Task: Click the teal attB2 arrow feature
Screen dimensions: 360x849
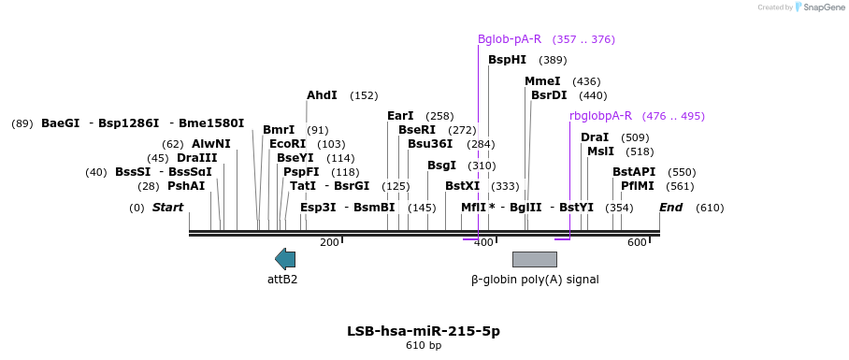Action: click(285, 259)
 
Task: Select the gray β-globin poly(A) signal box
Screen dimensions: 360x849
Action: click(534, 259)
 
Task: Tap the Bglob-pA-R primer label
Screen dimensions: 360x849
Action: click(510, 39)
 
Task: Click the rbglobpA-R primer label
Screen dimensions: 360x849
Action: click(600, 116)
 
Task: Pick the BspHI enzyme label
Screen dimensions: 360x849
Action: click(507, 60)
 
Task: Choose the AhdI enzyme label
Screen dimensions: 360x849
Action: click(322, 95)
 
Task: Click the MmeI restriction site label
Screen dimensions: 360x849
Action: click(542, 81)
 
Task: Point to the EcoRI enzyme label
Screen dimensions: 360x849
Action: click(287, 144)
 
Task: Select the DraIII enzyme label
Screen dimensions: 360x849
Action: click(196, 158)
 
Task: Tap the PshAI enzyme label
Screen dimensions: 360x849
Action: click(186, 186)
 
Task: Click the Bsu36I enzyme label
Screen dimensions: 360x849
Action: click(430, 144)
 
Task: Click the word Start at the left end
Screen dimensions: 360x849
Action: click(168, 208)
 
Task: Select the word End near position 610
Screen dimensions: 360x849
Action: click(670, 208)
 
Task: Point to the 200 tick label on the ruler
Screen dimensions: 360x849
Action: click(329, 243)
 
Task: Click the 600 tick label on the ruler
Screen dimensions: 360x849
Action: click(637, 243)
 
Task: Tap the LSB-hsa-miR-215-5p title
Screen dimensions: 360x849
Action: click(424, 331)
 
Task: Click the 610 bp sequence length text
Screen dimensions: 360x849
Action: click(424, 346)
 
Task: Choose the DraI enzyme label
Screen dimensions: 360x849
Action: click(595, 137)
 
